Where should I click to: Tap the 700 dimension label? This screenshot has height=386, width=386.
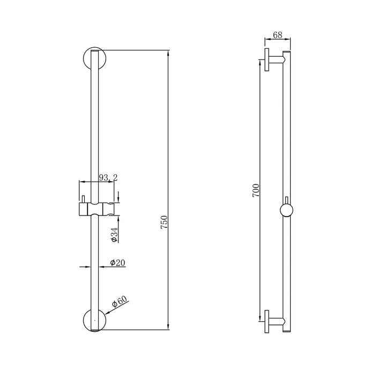pyautogui.click(x=256, y=190)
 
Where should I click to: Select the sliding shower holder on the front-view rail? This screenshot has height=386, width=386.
pyautogui.click(x=97, y=208)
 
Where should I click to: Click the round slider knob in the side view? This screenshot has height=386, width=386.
pyautogui.click(x=286, y=210)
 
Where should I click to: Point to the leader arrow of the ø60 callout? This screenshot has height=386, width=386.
pyautogui.click(x=108, y=310)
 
